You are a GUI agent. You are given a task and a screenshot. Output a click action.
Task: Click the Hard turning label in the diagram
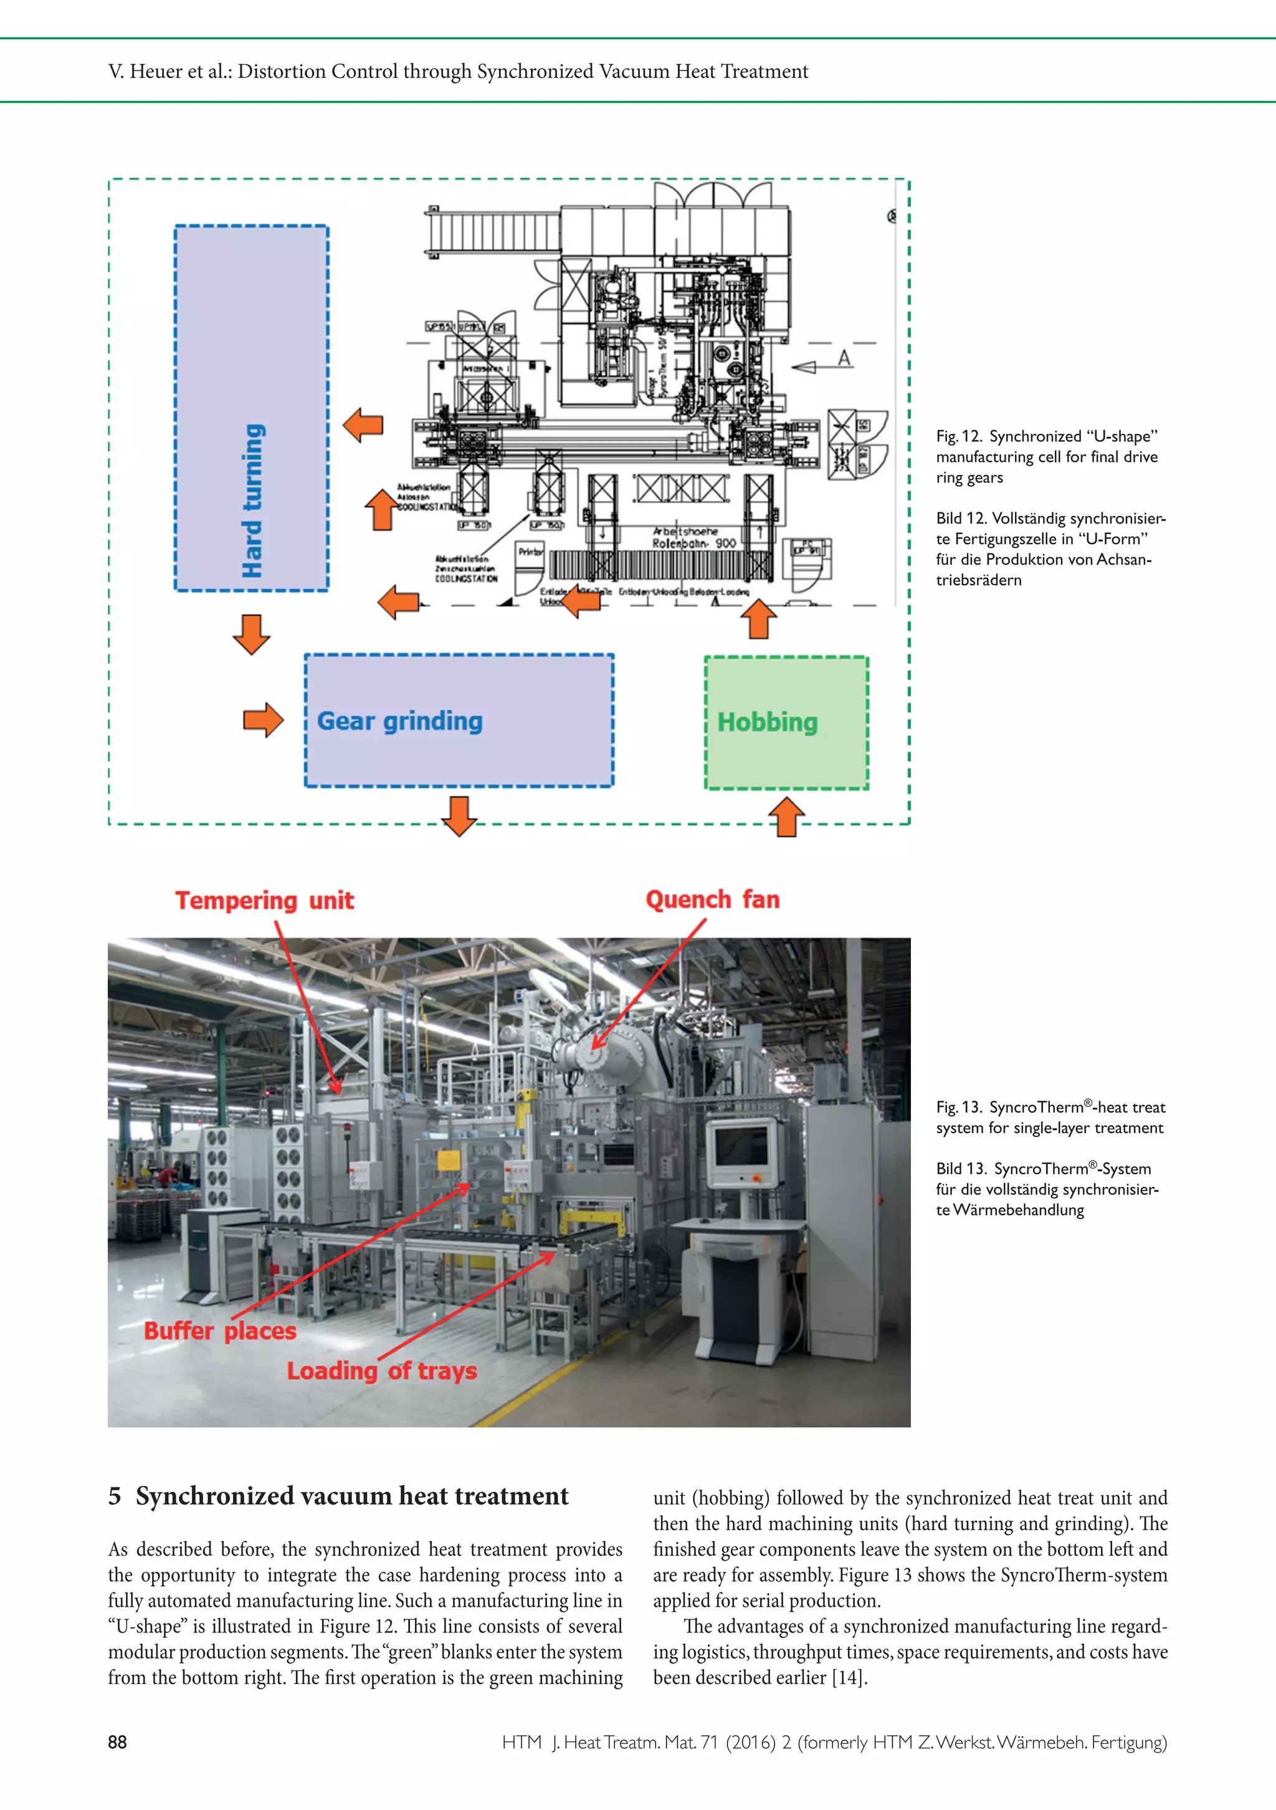tap(252, 501)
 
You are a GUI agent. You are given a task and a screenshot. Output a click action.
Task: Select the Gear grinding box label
tap(399, 721)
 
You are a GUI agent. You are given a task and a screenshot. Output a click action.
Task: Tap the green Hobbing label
tap(767, 722)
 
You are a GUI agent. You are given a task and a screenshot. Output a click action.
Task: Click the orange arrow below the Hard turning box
tap(252, 634)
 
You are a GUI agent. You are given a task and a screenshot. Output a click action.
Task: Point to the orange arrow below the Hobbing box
tap(786, 816)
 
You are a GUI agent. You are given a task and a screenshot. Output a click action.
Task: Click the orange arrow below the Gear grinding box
tap(459, 815)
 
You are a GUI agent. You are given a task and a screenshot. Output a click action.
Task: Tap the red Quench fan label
tap(713, 899)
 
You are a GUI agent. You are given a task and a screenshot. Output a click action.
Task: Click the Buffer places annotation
tap(220, 1331)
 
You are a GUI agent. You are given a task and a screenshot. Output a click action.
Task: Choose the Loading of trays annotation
tap(381, 1371)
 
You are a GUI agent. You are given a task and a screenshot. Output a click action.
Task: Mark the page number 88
tap(117, 1741)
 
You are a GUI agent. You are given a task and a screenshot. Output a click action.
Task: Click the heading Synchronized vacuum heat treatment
tap(351, 1495)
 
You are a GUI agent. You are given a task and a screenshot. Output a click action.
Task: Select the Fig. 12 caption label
tap(958, 436)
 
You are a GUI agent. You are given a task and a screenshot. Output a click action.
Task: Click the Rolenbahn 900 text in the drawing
tap(693, 543)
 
